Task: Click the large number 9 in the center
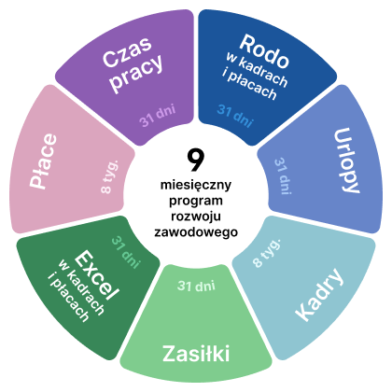point(196,160)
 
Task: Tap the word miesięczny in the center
point(196,186)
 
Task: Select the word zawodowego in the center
point(196,232)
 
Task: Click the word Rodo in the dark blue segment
point(264,51)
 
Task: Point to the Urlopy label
point(346,161)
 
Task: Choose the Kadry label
point(319,294)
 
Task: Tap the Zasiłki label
point(196,354)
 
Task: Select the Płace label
point(44,161)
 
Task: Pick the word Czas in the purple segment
point(127,52)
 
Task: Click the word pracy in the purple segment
point(137,74)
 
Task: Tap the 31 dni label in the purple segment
point(158,116)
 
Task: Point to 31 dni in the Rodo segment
point(235,116)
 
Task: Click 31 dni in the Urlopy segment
point(283,176)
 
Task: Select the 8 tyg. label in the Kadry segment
point(266,253)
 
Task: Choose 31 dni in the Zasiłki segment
point(196,286)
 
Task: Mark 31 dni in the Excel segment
point(126,252)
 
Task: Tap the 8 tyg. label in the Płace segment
point(110,176)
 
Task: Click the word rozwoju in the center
point(196,217)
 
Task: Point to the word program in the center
point(196,201)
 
